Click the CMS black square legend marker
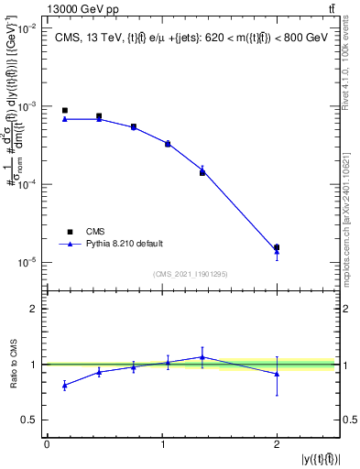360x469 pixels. (x=70, y=232)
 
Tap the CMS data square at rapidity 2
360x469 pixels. (x=277, y=247)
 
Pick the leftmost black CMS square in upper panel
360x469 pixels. (x=64, y=110)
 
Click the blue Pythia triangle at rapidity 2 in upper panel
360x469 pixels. (x=277, y=252)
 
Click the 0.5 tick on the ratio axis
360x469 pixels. (x=31, y=420)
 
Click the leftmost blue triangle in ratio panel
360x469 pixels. (x=64, y=386)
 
